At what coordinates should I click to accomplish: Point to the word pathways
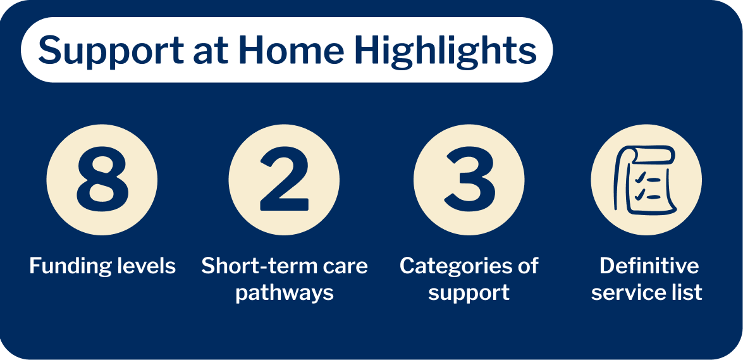285,293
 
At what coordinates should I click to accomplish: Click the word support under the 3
469,293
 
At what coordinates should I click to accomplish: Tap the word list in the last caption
686,293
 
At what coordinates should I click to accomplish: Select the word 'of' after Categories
526,266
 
